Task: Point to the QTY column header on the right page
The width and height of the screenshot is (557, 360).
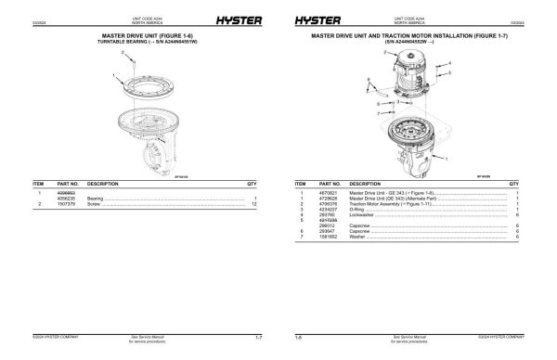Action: pos(513,184)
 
